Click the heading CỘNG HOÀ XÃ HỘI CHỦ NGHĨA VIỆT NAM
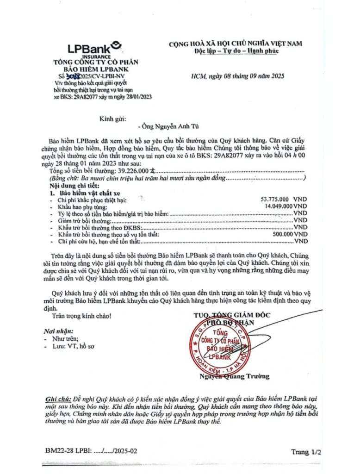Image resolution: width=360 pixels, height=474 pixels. click(x=235, y=44)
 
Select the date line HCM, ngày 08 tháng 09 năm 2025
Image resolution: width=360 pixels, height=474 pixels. click(x=237, y=75)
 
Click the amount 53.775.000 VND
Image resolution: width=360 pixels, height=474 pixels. click(x=284, y=199)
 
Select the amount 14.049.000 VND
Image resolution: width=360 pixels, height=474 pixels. click(x=284, y=206)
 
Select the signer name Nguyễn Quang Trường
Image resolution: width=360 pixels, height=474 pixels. click(x=234, y=376)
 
